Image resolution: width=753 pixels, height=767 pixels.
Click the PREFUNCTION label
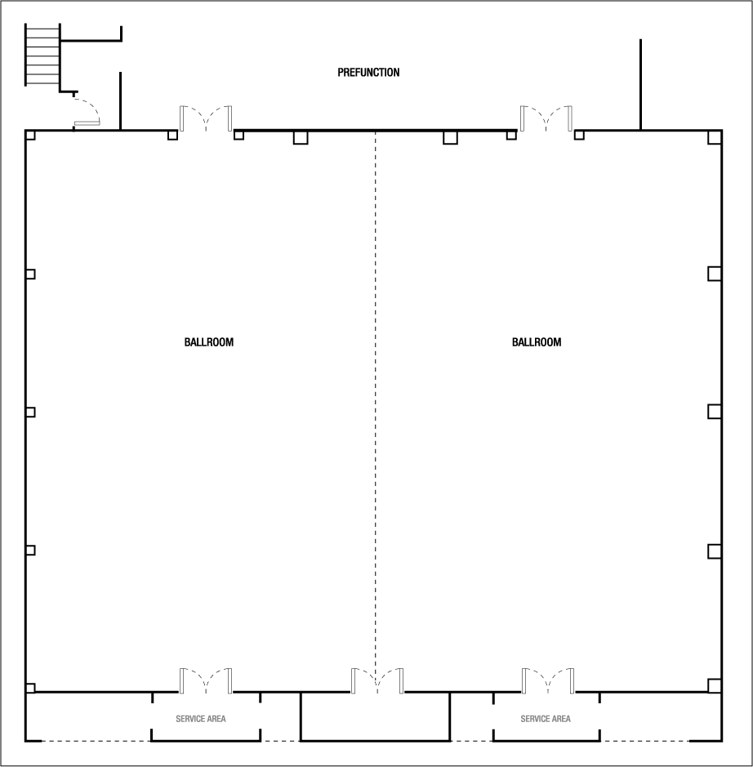click(368, 73)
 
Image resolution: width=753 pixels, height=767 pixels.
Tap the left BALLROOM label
click(209, 342)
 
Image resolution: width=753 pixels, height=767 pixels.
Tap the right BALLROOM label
click(537, 342)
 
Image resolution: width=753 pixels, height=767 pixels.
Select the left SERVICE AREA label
click(201, 719)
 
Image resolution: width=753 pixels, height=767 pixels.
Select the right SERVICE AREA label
click(546, 719)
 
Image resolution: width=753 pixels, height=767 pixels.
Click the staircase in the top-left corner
click(43, 55)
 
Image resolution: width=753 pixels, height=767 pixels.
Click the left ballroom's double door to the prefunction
click(206, 118)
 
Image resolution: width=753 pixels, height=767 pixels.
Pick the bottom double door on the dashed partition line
click(377, 680)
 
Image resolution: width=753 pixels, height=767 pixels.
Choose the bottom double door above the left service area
click(206, 680)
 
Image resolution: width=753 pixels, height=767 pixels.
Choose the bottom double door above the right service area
click(548, 680)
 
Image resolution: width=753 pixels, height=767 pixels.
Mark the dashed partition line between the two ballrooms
click(376, 408)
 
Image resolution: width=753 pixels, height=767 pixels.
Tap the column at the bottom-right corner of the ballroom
click(715, 686)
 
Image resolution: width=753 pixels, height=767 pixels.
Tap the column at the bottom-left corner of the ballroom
click(30, 688)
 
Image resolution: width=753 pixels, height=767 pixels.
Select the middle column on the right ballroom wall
click(715, 412)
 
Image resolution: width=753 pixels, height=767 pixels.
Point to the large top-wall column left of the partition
click(301, 137)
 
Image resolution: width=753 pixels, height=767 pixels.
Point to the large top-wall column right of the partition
click(450, 137)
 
